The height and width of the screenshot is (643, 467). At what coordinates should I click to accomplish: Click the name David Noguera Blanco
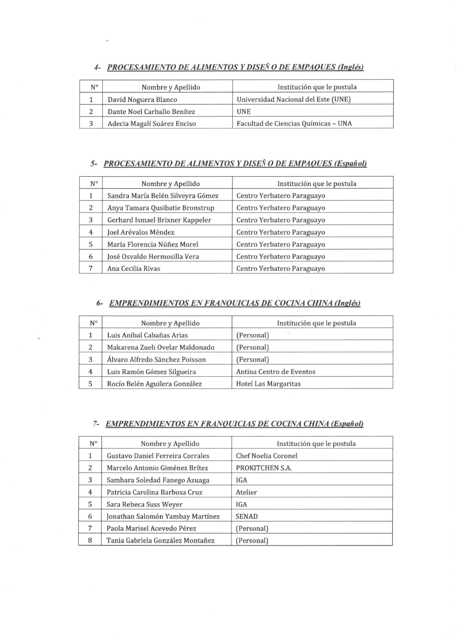[142, 99]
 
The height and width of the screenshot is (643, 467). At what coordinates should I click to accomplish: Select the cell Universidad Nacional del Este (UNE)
[293, 99]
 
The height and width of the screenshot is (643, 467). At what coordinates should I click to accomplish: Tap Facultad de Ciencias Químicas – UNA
[294, 124]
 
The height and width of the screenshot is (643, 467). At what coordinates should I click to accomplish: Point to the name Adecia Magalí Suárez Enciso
[151, 124]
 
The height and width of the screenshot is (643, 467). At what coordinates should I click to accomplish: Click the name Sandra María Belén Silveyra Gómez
[163, 196]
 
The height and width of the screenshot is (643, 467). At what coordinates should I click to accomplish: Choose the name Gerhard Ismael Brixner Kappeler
[159, 220]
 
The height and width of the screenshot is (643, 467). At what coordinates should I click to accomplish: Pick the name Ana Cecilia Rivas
[134, 269]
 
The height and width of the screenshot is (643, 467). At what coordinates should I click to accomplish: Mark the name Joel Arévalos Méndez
[141, 233]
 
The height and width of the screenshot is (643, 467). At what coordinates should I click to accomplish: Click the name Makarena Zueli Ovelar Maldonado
[161, 348]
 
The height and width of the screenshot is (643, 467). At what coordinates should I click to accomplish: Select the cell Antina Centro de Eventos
[275, 372]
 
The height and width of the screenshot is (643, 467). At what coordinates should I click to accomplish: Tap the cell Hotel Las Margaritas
[268, 384]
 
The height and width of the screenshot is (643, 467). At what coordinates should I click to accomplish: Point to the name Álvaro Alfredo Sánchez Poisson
[157, 360]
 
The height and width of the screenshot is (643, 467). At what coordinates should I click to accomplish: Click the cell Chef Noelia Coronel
[266, 456]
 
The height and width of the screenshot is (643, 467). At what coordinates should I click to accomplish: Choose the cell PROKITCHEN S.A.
[263, 468]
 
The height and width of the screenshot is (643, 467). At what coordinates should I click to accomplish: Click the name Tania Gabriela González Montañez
[161, 541]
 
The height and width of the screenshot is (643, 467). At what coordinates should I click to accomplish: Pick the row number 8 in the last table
[90, 541]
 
